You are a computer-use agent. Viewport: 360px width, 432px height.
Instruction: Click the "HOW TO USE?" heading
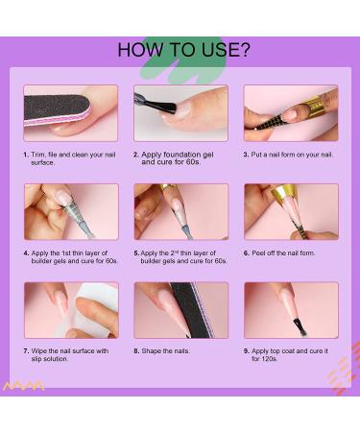182,50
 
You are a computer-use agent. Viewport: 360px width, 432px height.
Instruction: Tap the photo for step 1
71,113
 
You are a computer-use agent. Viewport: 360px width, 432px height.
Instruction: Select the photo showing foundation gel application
181,113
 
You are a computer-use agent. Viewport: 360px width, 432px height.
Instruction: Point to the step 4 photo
71,212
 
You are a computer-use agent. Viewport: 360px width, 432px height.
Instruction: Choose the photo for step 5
181,212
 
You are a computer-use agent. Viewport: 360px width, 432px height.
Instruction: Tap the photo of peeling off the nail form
291,212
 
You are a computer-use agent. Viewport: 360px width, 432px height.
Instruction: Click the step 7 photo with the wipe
71,310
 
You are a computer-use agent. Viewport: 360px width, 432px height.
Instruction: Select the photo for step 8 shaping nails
181,310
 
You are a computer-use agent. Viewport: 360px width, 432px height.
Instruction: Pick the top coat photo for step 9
291,310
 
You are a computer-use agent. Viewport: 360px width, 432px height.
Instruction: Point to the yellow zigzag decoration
25,386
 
